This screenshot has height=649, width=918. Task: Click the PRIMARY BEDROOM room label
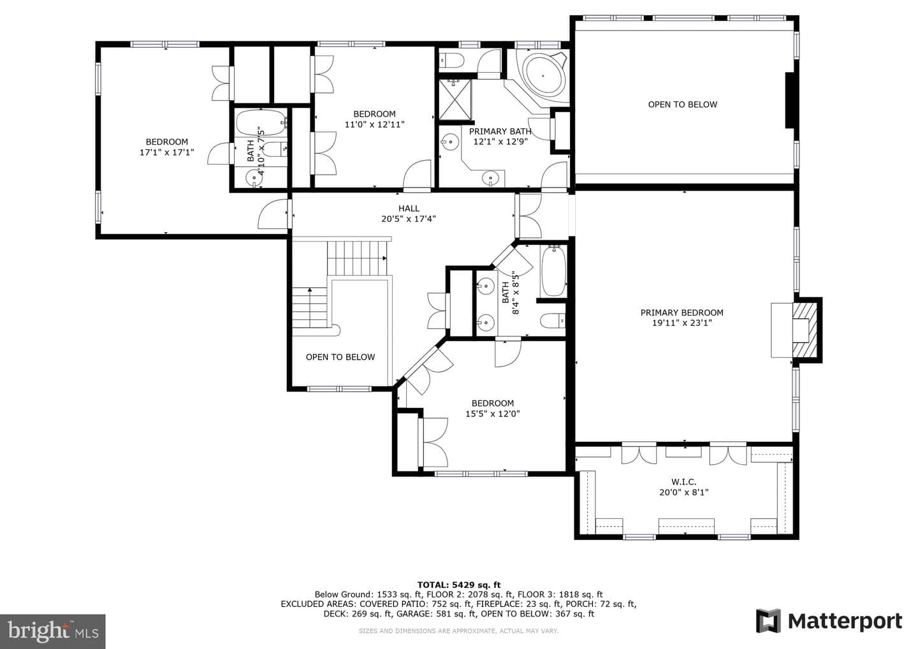[682, 312]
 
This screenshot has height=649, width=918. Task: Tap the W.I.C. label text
[683, 482]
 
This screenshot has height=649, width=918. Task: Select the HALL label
[409, 208]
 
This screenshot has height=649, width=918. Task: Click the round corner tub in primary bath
[543, 76]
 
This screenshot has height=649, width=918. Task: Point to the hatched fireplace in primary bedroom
[805, 330]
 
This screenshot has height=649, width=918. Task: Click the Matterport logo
[829, 621]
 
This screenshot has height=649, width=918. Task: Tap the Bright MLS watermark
[52, 631]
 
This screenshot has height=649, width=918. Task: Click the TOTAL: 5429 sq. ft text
[458, 585]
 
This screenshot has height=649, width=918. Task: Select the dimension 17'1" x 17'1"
[167, 152]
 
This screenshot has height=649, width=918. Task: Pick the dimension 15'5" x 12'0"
[492, 414]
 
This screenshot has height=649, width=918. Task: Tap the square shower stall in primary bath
[455, 100]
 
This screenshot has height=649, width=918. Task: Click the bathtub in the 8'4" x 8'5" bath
[553, 271]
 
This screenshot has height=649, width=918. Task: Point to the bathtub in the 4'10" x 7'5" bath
[261, 122]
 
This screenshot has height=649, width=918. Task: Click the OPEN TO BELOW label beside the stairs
[340, 357]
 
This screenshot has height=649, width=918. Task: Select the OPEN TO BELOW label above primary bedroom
[682, 105]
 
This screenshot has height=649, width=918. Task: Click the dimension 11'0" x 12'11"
[375, 124]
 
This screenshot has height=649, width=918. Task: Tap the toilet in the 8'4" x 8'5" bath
[553, 321]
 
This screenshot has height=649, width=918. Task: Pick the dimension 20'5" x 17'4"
[409, 219]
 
